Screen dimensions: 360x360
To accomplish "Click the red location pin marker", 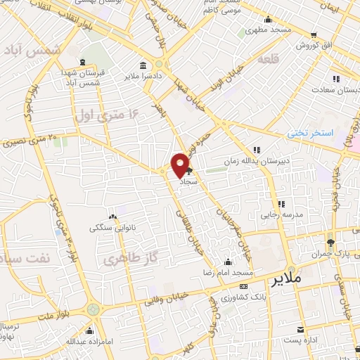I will coord(181,165).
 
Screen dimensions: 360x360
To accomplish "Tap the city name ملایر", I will coord(304,278).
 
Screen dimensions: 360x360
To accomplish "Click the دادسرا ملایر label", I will coord(143,75).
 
